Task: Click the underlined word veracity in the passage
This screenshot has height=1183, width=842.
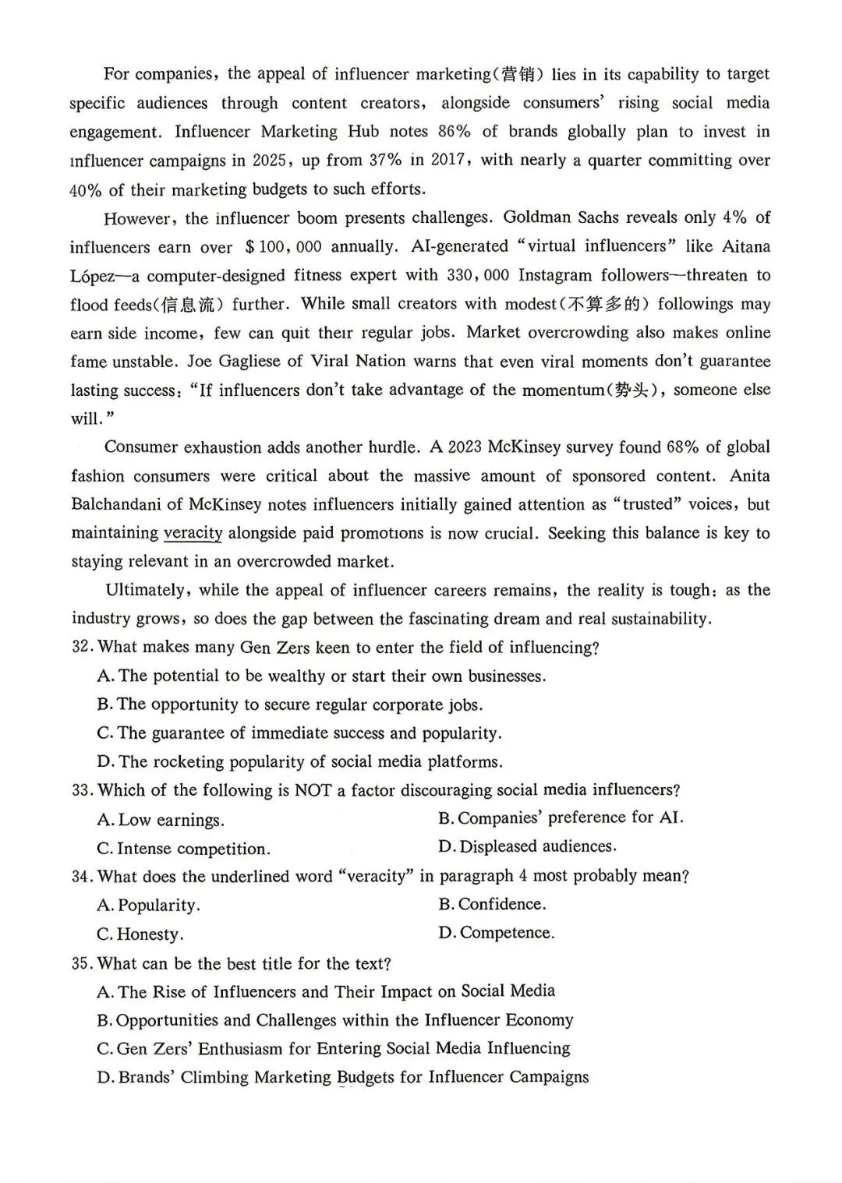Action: click(x=193, y=533)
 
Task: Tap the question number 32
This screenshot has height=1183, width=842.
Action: click(x=82, y=648)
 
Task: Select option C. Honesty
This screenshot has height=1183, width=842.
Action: click(x=140, y=934)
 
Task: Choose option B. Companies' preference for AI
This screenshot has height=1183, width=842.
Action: click(x=561, y=818)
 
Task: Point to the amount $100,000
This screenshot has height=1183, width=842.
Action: click(x=282, y=247)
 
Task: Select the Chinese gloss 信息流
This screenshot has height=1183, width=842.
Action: click(x=193, y=305)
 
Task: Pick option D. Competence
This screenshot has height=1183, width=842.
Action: click(x=497, y=933)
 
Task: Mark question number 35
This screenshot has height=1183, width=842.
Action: click(x=82, y=964)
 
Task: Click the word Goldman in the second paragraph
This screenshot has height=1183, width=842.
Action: click(x=536, y=218)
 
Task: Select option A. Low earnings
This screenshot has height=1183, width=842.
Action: click(x=161, y=820)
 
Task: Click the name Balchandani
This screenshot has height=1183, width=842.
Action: click(x=117, y=505)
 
